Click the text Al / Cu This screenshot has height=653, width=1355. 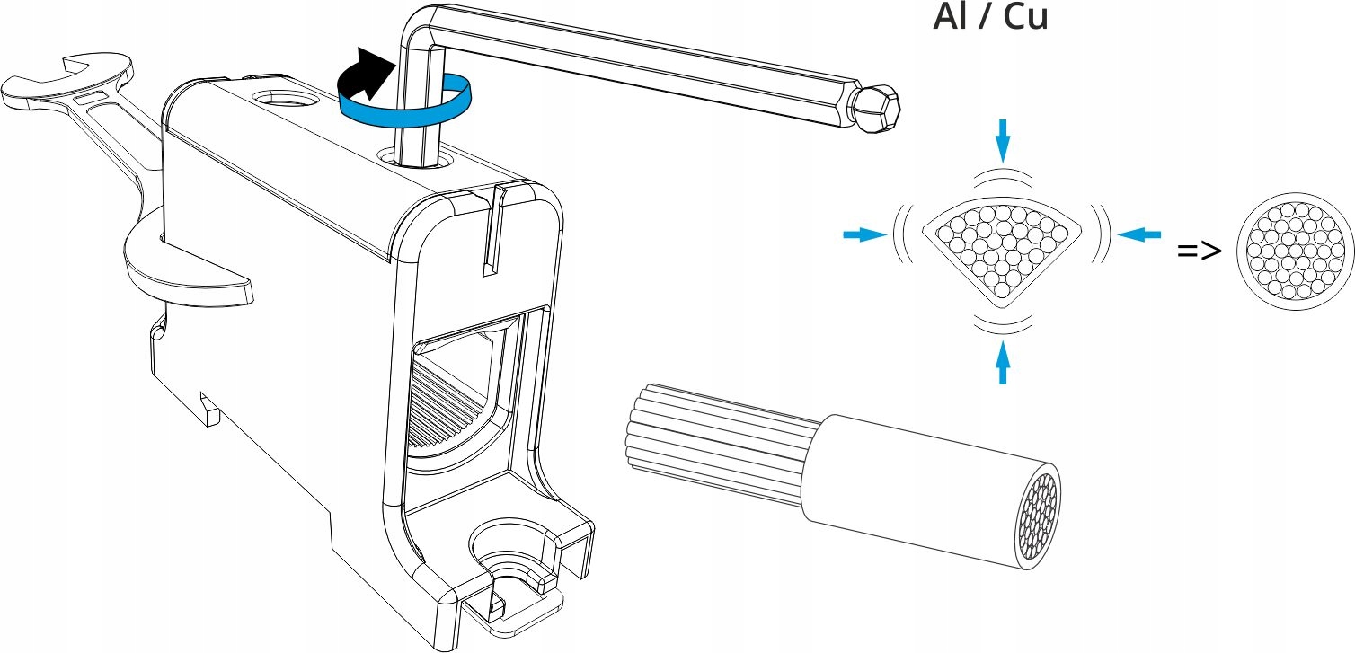coord(990,18)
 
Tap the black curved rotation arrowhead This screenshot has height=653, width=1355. coord(373,75)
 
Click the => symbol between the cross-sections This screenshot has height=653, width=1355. coord(1200,251)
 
